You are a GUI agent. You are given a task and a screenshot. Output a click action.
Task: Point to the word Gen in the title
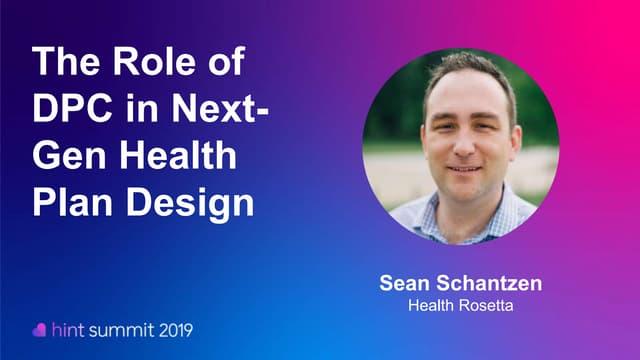pyautogui.click(x=67, y=156)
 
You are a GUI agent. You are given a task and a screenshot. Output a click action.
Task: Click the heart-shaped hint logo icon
pyautogui.click(x=40, y=329)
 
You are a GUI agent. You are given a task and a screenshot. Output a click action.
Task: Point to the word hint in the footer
pyautogui.click(x=67, y=329)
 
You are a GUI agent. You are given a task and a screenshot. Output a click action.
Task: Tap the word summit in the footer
pyautogui.click(x=121, y=329)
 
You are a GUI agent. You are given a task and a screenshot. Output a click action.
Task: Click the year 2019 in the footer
pyautogui.click(x=172, y=329)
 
